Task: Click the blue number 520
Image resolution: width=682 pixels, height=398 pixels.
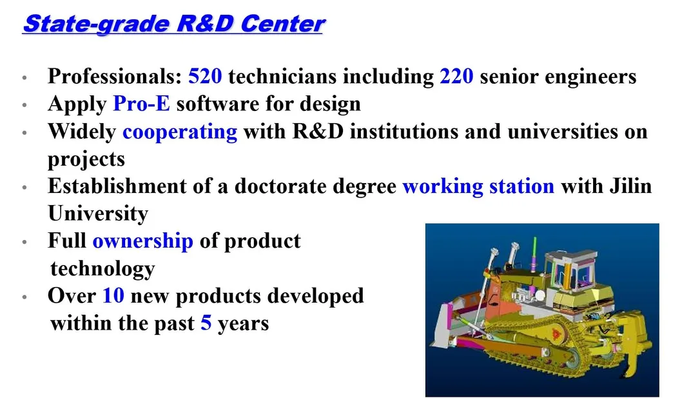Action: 205,77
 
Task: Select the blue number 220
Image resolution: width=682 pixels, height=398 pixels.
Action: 456,77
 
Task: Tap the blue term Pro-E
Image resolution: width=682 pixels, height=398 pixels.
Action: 141,104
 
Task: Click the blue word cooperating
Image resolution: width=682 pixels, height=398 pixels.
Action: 180,132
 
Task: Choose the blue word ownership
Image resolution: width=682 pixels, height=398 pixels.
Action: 142,241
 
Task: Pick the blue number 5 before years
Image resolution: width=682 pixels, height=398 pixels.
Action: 206,323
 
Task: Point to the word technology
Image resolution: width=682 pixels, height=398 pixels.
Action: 102,268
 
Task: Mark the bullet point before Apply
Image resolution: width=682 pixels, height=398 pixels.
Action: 24,104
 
